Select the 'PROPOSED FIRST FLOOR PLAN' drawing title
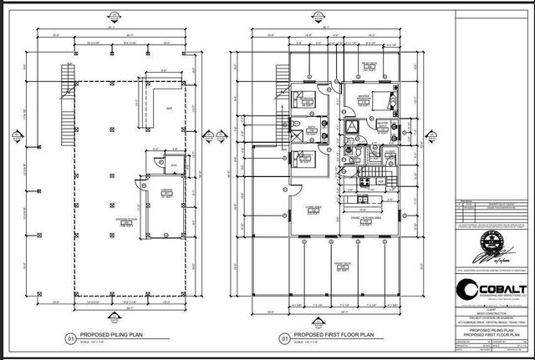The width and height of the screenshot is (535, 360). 327,337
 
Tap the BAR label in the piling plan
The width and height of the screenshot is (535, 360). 169,107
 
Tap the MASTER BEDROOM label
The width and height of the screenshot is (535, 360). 364,97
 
